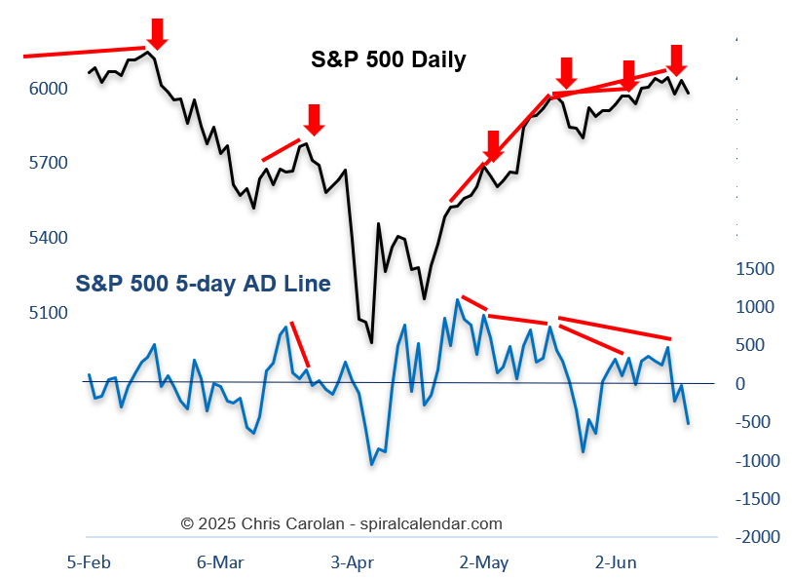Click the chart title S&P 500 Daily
388,59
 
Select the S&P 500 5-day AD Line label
203,284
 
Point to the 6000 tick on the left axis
49,89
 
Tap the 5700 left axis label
49,162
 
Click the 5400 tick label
49,238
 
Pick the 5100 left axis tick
49,313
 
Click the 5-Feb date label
87,561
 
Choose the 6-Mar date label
219,561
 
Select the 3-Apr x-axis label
352,561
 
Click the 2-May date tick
483,561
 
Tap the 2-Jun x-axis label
616,561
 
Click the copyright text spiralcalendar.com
342,523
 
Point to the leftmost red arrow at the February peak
158,32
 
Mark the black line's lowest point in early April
371,342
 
